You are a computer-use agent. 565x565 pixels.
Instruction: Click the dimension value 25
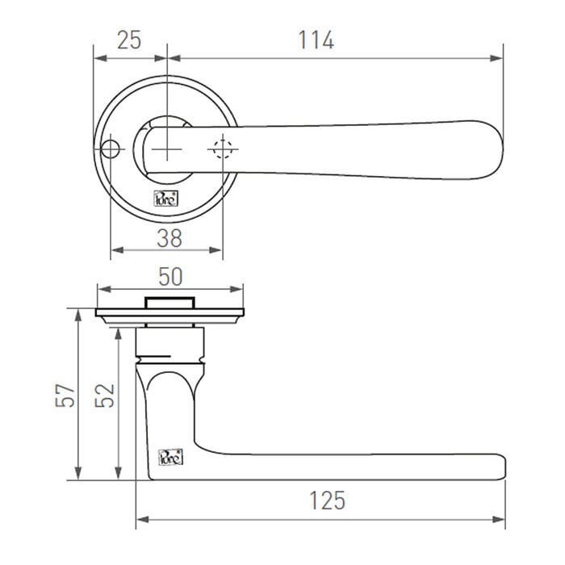129,40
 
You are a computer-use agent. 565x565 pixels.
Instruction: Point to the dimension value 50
169,276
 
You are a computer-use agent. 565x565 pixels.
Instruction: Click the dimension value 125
326,500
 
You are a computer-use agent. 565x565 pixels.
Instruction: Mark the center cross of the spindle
167,149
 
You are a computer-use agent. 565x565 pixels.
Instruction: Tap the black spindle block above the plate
169,303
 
